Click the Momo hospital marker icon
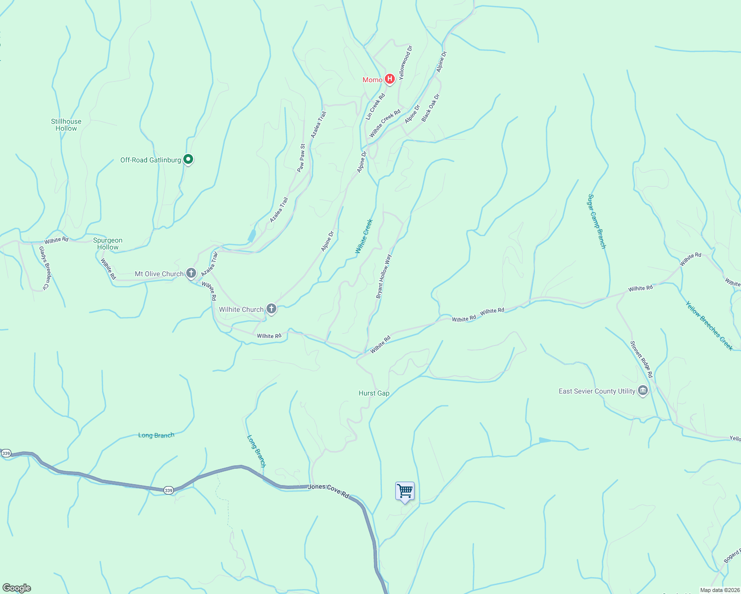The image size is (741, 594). [390, 79]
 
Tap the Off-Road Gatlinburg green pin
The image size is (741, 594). [188, 159]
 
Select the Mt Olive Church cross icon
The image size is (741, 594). [191, 273]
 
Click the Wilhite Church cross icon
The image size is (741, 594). [271, 309]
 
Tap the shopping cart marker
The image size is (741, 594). [405, 491]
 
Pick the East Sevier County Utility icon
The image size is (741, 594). [643, 391]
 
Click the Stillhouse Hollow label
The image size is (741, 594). [66, 125]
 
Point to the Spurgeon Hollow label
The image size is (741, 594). [107, 244]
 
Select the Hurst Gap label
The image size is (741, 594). [374, 393]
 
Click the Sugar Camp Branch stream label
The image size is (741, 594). [597, 221]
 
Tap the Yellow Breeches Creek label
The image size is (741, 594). [709, 326]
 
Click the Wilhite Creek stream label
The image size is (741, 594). [364, 236]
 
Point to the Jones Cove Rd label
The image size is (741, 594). [328, 490]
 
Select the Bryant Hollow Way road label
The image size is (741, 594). [383, 276]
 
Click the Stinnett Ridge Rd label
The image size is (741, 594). [641, 359]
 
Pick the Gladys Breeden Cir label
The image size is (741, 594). [45, 268]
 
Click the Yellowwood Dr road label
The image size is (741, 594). [406, 62]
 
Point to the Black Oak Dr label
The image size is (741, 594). [430, 108]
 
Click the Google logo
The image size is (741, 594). [17, 588]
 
